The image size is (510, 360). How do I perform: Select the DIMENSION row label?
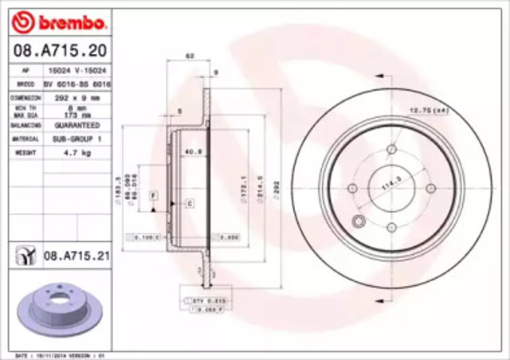click(25, 96)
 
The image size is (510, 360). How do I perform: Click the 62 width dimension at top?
click(190, 56)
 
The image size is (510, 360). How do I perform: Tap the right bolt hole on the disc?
click(430, 189)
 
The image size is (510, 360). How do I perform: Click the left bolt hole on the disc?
click(353, 189)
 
